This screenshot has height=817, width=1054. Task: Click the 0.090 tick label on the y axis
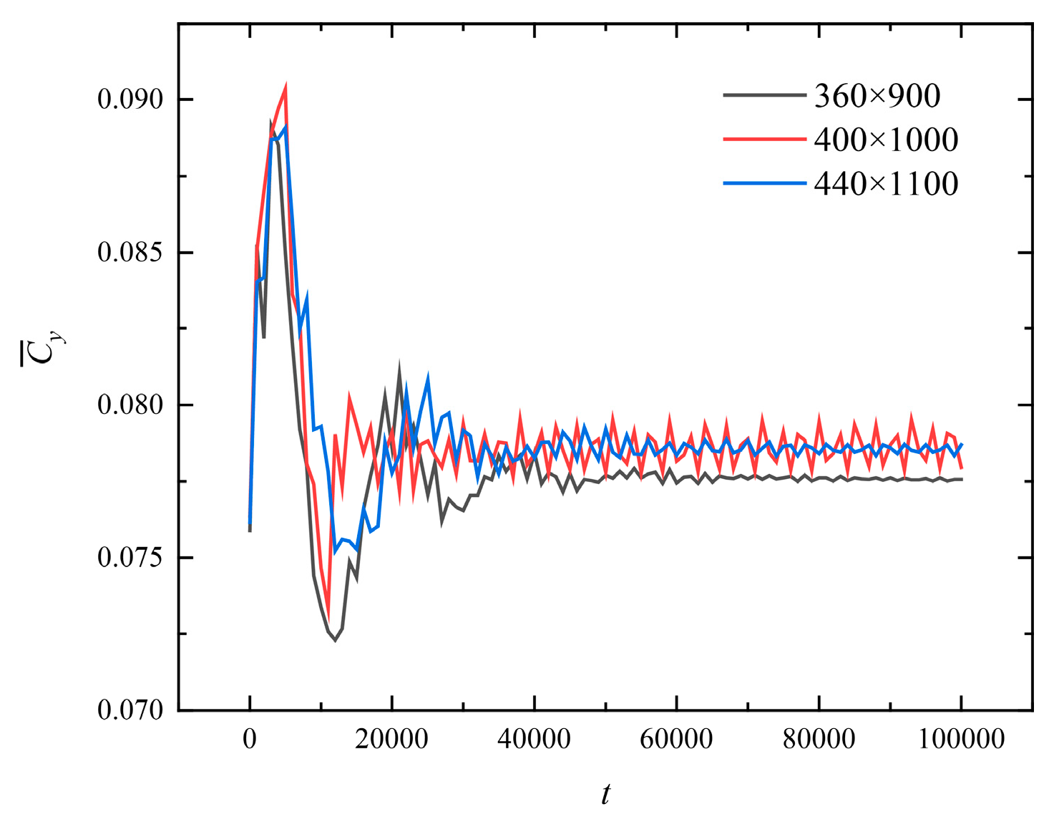(130, 99)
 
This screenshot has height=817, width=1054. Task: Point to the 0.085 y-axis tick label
(130, 253)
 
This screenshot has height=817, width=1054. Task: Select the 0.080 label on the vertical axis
(130, 405)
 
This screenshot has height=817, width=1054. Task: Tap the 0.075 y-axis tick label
(130, 558)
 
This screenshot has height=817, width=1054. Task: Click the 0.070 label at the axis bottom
(130, 710)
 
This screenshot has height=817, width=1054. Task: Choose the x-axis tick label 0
(250, 738)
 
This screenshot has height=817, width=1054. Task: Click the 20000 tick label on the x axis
(391, 738)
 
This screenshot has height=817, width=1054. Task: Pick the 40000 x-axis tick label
(534, 738)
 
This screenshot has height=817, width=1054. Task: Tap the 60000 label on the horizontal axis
(676, 738)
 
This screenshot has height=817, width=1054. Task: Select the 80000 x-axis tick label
(819, 738)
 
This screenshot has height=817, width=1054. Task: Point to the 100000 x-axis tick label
(961, 738)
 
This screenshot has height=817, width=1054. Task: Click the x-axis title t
(605, 794)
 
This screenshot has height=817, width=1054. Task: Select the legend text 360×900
(877, 96)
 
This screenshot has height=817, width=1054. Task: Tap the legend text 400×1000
(886, 140)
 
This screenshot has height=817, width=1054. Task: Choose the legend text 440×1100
(886, 184)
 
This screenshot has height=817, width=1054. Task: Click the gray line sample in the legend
(764, 95)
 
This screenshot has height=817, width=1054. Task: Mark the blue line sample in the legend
(764, 183)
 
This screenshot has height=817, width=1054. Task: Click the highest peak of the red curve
(286, 87)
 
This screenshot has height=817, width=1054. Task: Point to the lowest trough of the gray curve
(335, 640)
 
